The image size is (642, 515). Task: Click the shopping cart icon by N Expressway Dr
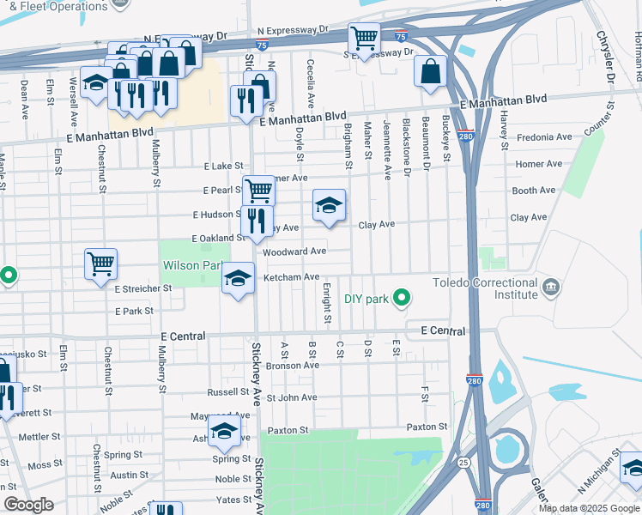[364, 39]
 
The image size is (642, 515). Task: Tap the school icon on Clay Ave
[329, 206]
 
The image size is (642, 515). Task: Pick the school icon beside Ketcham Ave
[239, 278]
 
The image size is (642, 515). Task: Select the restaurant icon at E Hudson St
[256, 221]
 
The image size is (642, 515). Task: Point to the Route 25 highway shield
[463, 462]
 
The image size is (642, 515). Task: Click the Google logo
[29, 505]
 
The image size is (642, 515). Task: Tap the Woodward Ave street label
[294, 251]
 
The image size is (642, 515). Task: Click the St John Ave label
[292, 397]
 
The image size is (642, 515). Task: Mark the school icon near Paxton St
[224, 432]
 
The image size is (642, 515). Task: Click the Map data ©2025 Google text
[588, 508]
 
